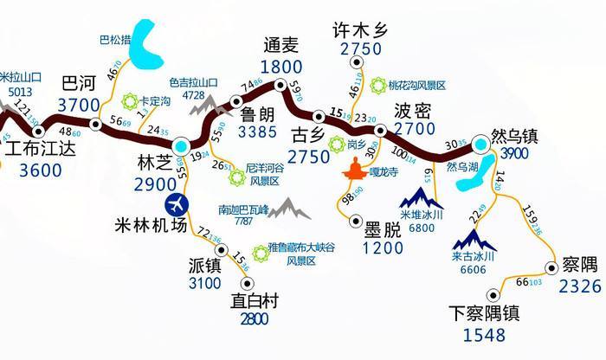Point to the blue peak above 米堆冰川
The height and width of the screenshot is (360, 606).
click(422, 196)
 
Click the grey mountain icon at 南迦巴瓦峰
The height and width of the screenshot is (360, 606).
click(290, 209)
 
